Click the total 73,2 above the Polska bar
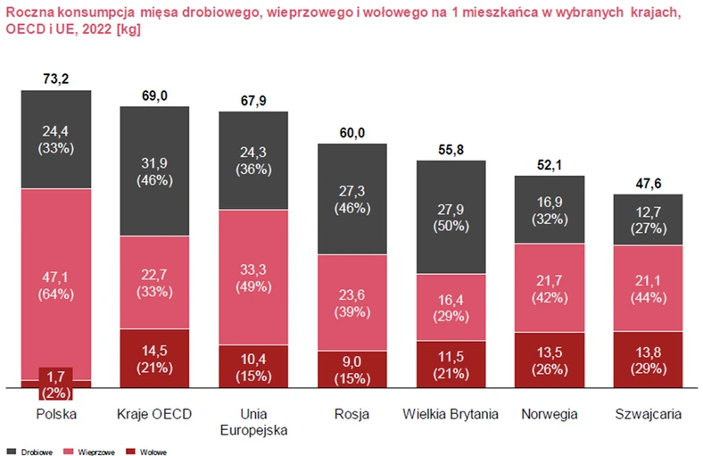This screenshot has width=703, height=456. (56, 79)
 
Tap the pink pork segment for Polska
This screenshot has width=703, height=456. (56, 284)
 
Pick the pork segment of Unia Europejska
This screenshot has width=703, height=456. (253, 277)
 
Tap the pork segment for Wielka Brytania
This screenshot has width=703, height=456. (451, 307)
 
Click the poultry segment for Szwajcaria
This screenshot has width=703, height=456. (648, 219)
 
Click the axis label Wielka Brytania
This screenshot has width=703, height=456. (451, 414)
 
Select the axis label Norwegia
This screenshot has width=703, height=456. (550, 414)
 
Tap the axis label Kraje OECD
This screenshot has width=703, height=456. (154, 414)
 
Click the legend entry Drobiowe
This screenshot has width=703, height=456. (32, 451)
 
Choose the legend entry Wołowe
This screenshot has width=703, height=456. (148, 451)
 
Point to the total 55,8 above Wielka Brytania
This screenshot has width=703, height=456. (451, 150)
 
